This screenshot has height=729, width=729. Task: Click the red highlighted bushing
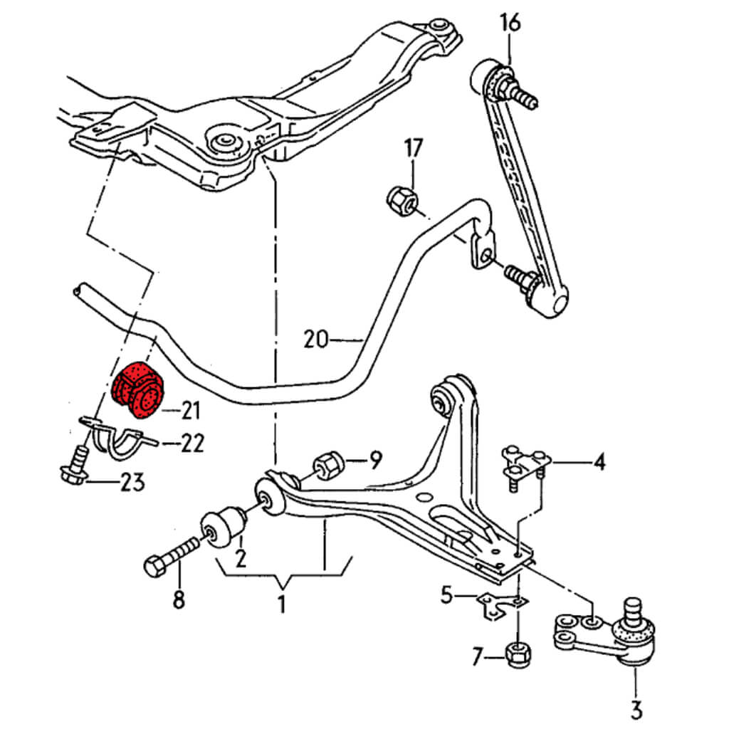point(138,389)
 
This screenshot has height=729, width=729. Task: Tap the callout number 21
point(190,410)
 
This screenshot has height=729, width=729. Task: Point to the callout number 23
point(132,483)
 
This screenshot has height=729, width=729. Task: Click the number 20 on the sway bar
point(316,339)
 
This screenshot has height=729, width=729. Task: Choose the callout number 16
point(510,23)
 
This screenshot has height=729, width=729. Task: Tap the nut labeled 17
point(401,199)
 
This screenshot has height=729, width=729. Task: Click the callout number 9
point(375,459)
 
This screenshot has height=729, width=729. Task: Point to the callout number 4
point(599,463)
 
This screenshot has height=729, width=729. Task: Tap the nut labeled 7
point(518,654)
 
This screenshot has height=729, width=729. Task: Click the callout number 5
point(447,593)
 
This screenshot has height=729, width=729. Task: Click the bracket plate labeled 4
point(524,461)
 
